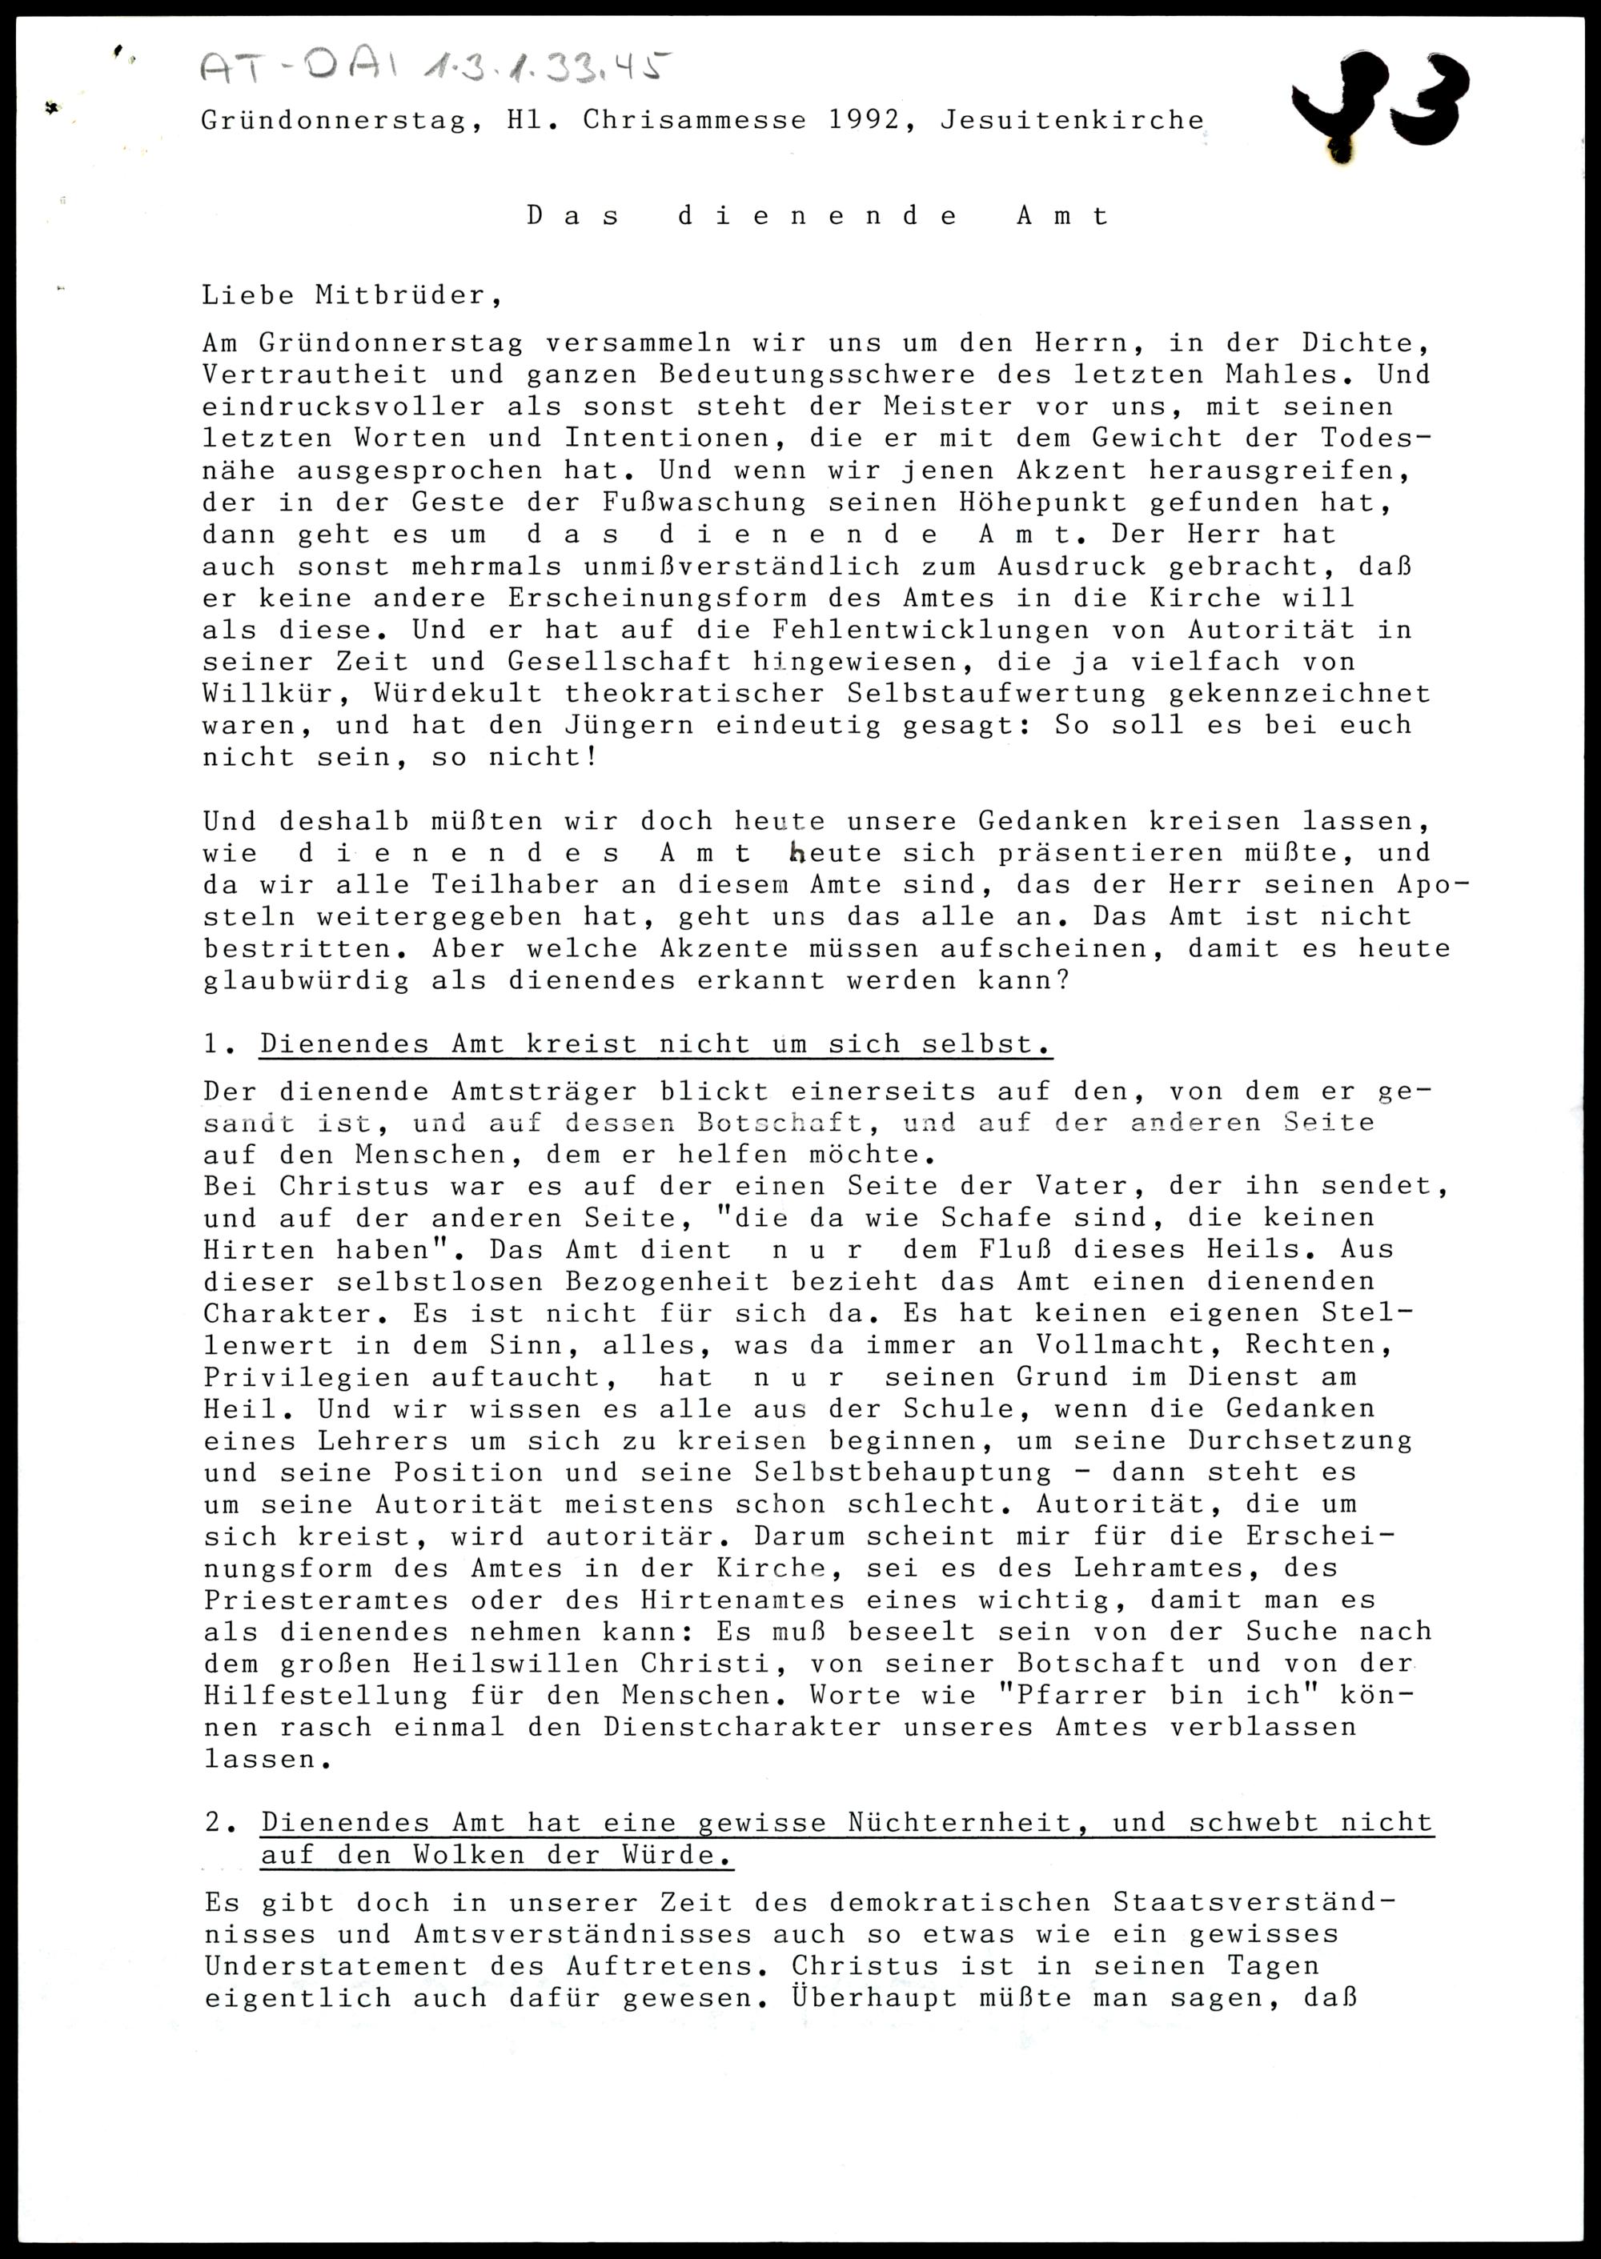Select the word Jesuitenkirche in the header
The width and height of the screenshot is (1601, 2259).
[1072, 120]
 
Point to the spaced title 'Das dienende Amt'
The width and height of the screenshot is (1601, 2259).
[818, 216]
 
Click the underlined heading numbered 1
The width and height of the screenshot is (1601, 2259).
[656, 1043]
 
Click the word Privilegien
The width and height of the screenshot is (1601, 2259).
[307, 1378]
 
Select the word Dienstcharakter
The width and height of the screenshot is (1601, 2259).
[742, 1728]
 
